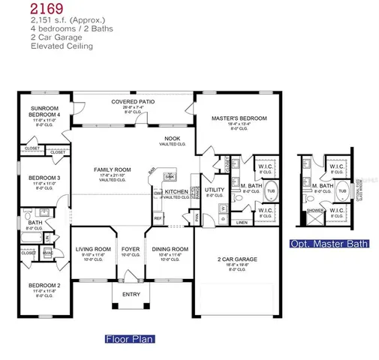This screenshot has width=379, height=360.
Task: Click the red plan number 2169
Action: (x=47, y=10)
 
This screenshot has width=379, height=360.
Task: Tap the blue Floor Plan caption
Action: (x=128, y=339)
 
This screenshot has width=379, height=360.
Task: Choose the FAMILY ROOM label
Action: (x=113, y=170)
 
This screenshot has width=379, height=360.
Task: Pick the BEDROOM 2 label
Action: (x=44, y=286)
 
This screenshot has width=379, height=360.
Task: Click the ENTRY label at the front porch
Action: (x=131, y=294)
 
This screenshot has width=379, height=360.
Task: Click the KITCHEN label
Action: (x=176, y=192)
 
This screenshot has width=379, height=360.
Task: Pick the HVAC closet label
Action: (x=47, y=253)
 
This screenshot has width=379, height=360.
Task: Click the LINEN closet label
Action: (x=242, y=223)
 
